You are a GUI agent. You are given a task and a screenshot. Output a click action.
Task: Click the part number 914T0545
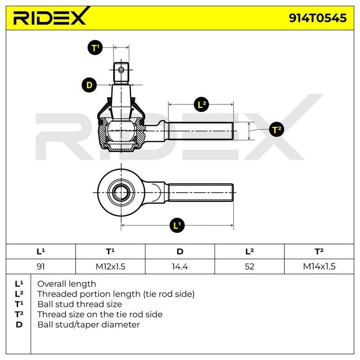pyautogui.click(x=318, y=18)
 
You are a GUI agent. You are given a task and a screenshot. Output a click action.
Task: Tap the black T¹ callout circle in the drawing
pyautogui.click(x=95, y=48)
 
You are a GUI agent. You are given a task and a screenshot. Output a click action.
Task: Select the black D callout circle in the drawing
pyautogui.click(x=89, y=85)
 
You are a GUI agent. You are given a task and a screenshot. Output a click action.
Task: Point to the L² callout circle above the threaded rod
pyautogui.click(x=201, y=104)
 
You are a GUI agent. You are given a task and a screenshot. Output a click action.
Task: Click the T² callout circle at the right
pyautogui.click(x=277, y=129)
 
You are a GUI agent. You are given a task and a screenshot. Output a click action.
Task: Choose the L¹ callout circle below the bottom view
pyautogui.click(x=177, y=225)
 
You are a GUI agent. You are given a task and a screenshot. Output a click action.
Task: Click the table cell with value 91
pyautogui.click(x=40, y=266)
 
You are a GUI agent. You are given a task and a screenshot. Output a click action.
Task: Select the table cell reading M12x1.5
pyautogui.click(x=110, y=266)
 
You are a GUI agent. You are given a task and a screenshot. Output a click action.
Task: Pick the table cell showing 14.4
pyautogui.click(x=180, y=266)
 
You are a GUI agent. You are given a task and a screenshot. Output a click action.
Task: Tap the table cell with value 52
pyautogui.click(x=250, y=266)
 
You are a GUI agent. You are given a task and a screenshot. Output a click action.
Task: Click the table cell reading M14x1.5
pyautogui.click(x=319, y=266)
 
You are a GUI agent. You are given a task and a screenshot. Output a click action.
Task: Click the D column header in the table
pyautogui.click(x=180, y=252)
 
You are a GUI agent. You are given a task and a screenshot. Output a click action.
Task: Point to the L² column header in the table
pyautogui.click(x=250, y=252)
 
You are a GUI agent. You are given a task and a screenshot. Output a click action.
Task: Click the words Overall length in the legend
pyautogui.click(x=67, y=284)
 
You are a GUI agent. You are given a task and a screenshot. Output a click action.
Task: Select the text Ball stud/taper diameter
pyautogui.click(x=89, y=324)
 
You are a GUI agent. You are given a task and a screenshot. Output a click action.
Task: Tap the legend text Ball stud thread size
pyautogui.click(x=80, y=304)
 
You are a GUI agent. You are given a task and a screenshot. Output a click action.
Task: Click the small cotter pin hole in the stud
pyautogui.click(x=121, y=70)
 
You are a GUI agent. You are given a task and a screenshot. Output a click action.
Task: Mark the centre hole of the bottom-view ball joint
pyautogui.click(x=121, y=193)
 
